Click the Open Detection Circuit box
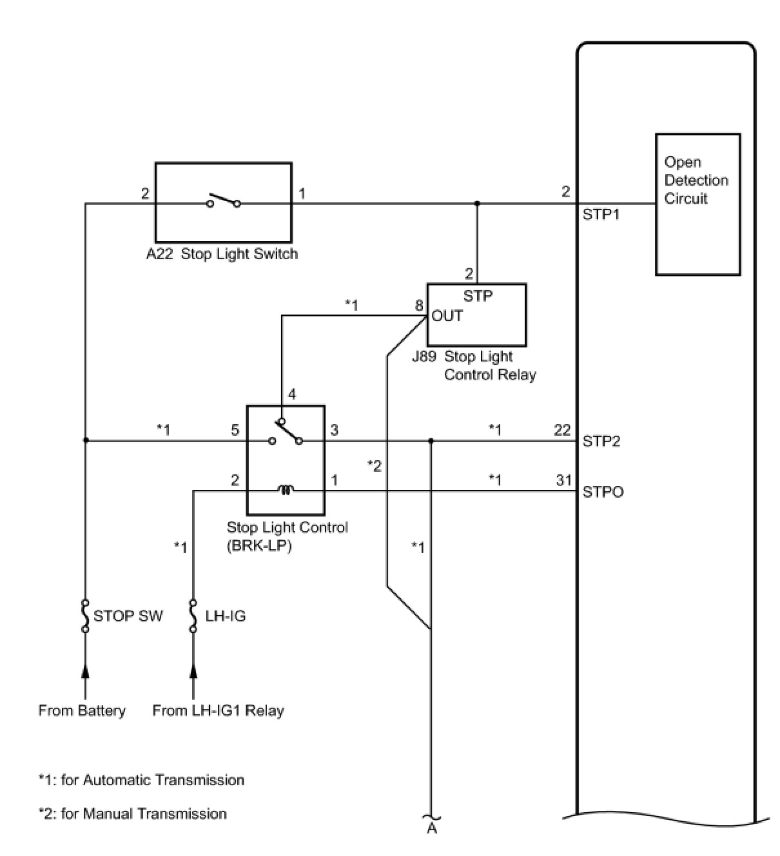[x=697, y=204]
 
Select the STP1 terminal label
[x=601, y=215]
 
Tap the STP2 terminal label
[x=601, y=442]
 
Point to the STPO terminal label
[x=603, y=492]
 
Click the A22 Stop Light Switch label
[x=222, y=254]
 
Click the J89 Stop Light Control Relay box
[x=476, y=315]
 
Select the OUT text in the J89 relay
[x=447, y=316]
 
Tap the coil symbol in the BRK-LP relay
[x=286, y=491]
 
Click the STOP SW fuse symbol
[x=85, y=616]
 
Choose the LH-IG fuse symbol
[x=193, y=616]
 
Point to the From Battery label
[x=82, y=711]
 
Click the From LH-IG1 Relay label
[x=218, y=711]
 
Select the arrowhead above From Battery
[x=85, y=672]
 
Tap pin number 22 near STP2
[x=562, y=430]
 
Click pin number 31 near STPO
[x=563, y=480]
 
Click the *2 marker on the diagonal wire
[x=375, y=465]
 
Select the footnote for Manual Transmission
[x=132, y=814]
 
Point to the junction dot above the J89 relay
[x=477, y=204]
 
